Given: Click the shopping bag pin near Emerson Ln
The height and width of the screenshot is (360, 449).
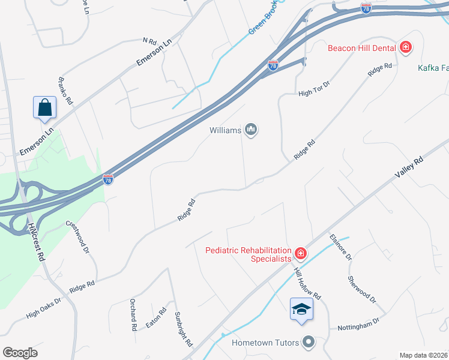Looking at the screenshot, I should (x=45, y=108).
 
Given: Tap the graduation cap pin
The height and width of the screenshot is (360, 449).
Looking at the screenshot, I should (x=301, y=309).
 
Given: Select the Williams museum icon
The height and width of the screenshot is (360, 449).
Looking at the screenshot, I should (x=251, y=130).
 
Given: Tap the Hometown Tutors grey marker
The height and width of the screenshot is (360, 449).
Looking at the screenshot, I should (x=309, y=343).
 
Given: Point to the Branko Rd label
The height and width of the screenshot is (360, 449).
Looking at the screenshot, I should (x=65, y=91).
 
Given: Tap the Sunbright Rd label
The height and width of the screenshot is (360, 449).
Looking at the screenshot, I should (x=183, y=329).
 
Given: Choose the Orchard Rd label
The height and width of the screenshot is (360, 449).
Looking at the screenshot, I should (x=133, y=316).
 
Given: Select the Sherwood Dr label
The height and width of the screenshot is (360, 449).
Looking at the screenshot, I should (x=362, y=290).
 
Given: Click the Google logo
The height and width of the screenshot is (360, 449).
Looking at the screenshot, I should (x=20, y=353).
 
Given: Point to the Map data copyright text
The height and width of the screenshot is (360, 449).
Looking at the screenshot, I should (x=424, y=355).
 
